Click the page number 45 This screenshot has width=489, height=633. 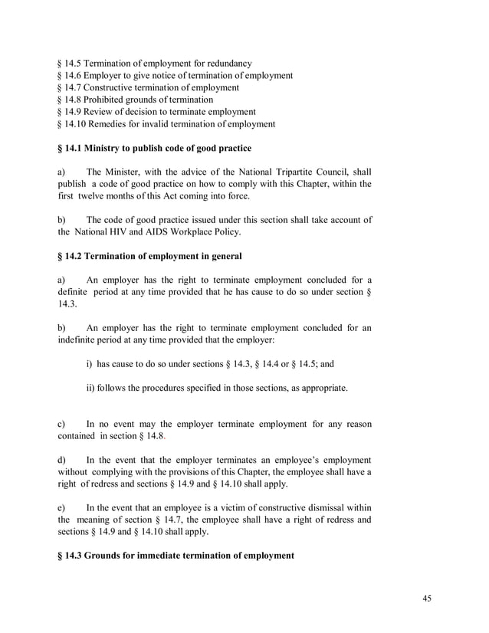pos(427,599)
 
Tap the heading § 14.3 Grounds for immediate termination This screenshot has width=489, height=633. pos(176,556)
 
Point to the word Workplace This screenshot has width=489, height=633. pos(189,232)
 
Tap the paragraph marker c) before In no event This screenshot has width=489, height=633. pos(61,424)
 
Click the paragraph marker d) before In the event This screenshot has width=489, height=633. pos(61,460)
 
